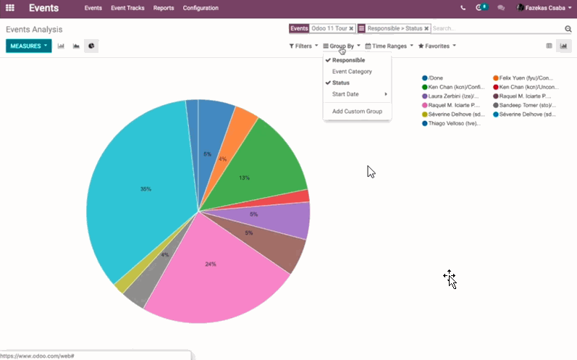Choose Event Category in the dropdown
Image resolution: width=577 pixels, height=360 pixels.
pos(352,72)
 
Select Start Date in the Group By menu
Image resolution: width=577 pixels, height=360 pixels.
pos(345,94)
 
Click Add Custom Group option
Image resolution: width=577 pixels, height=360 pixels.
pos(357,112)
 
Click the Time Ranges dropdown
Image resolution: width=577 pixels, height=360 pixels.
pos(389,46)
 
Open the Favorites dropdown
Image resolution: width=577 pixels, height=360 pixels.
pos(437,46)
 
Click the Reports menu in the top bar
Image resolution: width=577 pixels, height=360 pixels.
pos(164,8)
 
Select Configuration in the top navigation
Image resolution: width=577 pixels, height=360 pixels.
pos(201,8)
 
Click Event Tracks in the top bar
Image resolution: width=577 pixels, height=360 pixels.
pos(127,8)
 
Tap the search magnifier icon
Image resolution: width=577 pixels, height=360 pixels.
pos(568,29)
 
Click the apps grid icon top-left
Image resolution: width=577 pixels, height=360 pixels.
pos(10,8)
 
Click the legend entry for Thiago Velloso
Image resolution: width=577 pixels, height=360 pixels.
pos(452,123)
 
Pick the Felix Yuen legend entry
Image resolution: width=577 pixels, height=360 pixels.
pos(526,78)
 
